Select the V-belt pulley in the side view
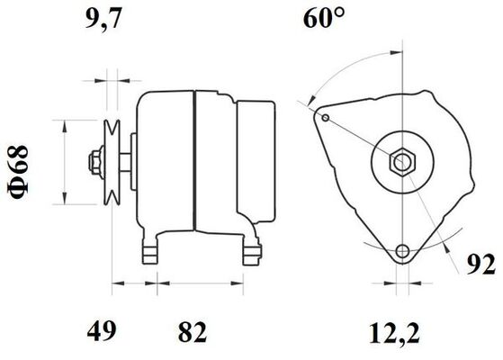click(112, 162)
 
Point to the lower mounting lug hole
click(401, 249)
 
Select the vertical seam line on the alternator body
click(194, 162)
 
